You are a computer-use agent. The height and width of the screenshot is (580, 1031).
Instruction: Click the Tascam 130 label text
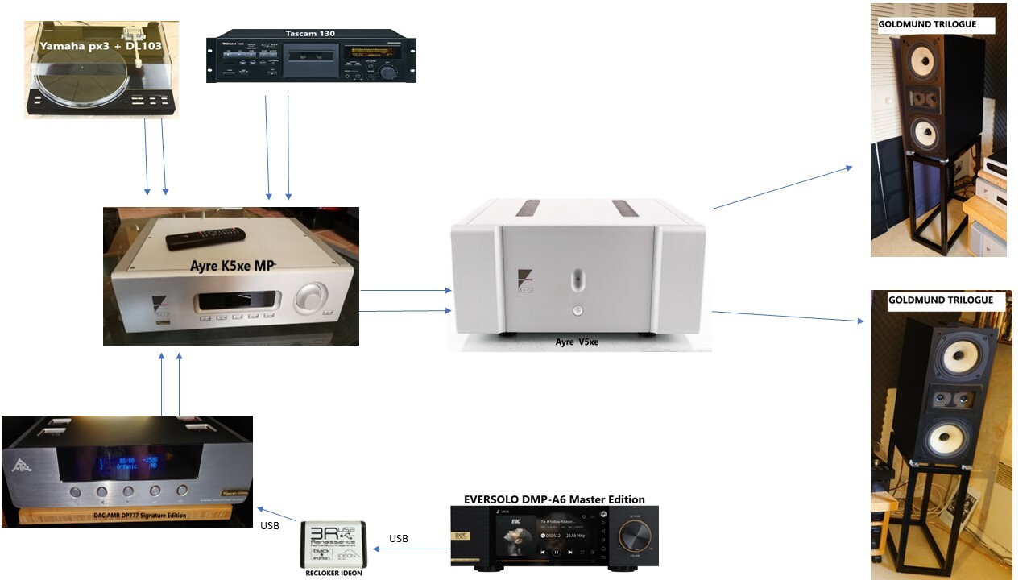(310, 33)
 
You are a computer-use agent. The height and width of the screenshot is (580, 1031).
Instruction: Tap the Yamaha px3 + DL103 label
(101, 46)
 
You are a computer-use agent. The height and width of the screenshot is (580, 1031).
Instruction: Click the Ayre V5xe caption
(577, 342)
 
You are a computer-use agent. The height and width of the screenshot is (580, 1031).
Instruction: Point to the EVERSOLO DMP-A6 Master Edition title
(554, 499)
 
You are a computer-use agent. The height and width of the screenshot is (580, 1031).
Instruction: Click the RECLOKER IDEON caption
(333, 573)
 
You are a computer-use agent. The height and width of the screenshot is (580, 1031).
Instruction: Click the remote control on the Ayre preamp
(205, 238)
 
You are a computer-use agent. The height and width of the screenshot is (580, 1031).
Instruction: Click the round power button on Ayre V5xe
(577, 309)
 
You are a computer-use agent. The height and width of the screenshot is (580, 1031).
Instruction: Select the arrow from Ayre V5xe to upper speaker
(781, 188)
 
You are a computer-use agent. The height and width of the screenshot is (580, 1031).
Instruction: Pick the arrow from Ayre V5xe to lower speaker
(788, 316)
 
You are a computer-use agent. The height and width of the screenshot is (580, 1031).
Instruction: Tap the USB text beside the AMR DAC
(270, 526)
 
